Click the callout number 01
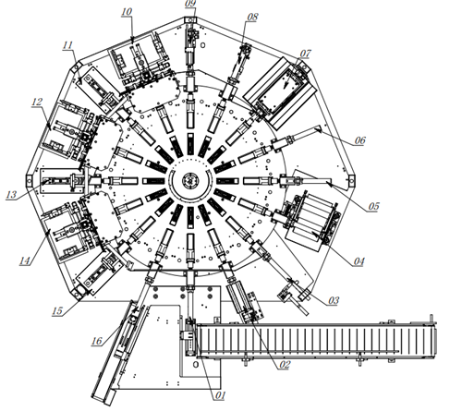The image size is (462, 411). [x=220, y=395]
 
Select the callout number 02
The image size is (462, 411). [x=285, y=365]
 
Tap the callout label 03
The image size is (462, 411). [x=334, y=300]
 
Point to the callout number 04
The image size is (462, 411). [x=359, y=261]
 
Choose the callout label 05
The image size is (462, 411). [x=373, y=206]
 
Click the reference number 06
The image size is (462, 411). [x=359, y=140]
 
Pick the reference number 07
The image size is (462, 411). [x=305, y=54]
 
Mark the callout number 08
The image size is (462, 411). [x=252, y=17]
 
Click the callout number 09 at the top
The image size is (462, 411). [x=190, y=4]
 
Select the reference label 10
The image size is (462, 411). [x=127, y=12]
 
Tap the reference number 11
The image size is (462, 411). [x=67, y=45]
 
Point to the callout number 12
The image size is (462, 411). [x=37, y=102]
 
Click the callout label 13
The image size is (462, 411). [x=11, y=195]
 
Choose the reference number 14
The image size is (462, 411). [x=25, y=261]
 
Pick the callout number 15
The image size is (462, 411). [x=57, y=310]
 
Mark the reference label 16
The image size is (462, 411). [x=97, y=341]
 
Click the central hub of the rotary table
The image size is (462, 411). [x=190, y=180]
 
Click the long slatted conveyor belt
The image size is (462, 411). [x=317, y=341]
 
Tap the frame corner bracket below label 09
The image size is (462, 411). [x=190, y=19]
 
